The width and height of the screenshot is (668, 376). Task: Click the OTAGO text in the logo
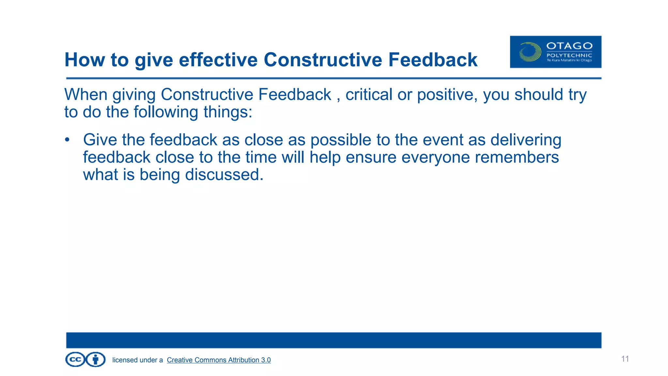click(569, 46)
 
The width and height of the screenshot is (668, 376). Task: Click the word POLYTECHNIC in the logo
click(569, 55)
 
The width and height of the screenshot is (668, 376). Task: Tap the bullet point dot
click(67, 140)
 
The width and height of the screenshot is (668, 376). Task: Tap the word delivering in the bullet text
click(525, 140)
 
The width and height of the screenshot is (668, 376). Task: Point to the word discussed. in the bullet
click(224, 175)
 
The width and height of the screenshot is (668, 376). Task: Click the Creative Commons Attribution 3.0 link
click(219, 360)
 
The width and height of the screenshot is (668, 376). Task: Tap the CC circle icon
click(75, 360)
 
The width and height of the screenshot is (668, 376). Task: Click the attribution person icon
click(96, 360)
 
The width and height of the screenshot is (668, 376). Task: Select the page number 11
click(625, 359)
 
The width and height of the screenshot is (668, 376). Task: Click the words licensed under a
click(137, 360)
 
